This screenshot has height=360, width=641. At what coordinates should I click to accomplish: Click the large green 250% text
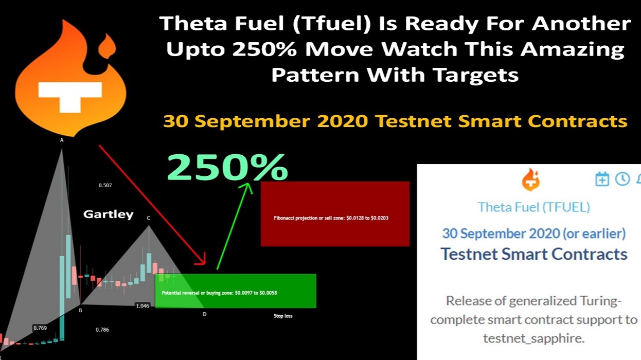pos(227,167)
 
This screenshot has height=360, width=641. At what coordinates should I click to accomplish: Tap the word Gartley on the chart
pos(108,214)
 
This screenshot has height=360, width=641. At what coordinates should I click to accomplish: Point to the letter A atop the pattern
pos(62,140)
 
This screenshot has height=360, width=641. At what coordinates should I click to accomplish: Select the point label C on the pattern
pos(149,218)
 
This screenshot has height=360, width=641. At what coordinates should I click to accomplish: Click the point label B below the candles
pos(80,310)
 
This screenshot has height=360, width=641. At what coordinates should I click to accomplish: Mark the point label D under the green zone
pos(204,314)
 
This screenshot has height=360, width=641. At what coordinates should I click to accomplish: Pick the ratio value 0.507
pos(105,185)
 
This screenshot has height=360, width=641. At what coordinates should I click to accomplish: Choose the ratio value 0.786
pos(102,330)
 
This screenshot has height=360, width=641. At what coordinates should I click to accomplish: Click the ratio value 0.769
pos(40,328)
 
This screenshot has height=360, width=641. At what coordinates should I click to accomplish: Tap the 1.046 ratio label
pos(143,305)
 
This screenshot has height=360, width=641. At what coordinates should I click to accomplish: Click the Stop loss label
pos(283,316)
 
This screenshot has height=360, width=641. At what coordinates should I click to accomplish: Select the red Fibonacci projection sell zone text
pos(331,218)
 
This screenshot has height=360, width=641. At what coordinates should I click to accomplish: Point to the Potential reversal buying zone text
pos(220,293)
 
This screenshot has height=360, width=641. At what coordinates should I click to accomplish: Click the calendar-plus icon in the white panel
pos(602,179)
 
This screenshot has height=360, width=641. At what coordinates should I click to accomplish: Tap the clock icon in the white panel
pos(622,179)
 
